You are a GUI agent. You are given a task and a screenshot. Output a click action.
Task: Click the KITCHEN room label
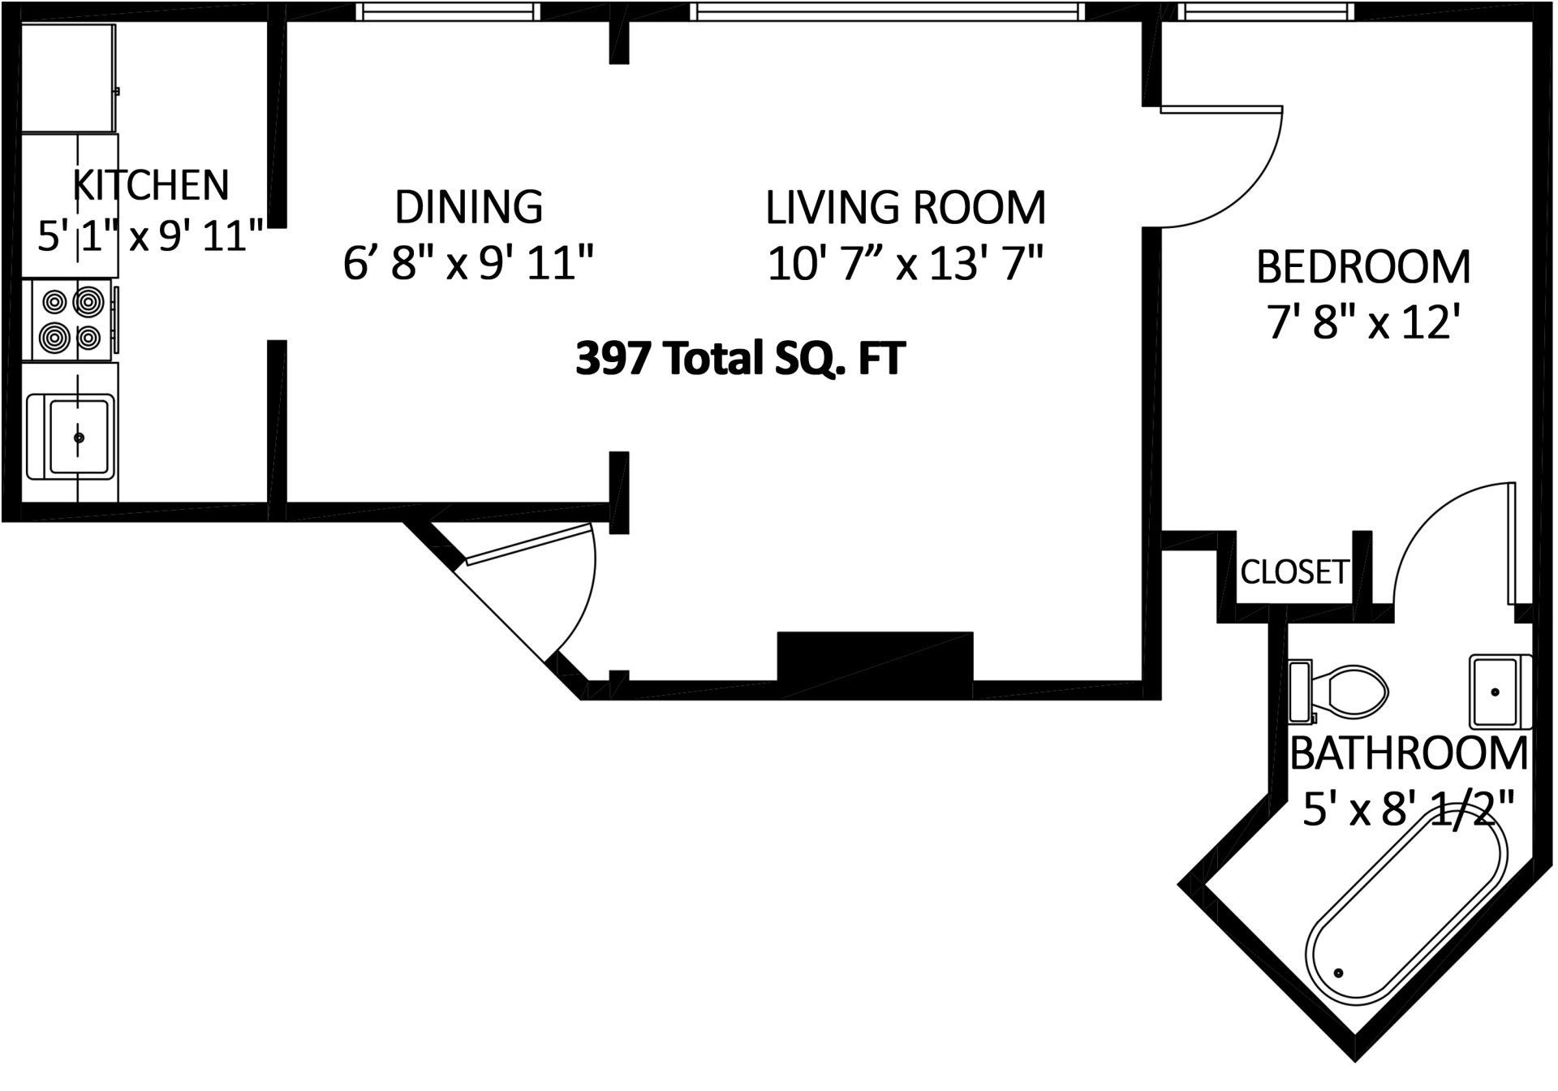(x=151, y=185)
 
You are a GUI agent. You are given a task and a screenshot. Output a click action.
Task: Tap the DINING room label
(x=468, y=206)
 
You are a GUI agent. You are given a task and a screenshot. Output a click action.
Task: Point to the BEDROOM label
(x=1363, y=267)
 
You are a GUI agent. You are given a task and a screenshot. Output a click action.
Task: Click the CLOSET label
(x=1293, y=572)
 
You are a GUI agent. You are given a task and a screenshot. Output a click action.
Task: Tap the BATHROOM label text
(x=1409, y=753)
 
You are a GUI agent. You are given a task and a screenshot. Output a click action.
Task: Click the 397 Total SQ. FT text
(x=739, y=358)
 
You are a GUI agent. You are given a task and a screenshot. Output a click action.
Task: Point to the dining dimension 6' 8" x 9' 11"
(x=468, y=263)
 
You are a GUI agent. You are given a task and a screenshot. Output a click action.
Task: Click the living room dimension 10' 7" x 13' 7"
(x=905, y=263)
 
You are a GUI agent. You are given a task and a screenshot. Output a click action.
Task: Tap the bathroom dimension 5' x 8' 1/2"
(x=1409, y=809)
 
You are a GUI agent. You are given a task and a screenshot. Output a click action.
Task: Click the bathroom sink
(x=1498, y=692)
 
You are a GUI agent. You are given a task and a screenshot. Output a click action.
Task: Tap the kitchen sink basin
(x=79, y=437)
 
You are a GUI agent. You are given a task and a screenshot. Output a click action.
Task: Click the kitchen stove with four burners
(x=71, y=320)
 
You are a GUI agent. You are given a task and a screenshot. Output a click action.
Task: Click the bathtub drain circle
(x=1339, y=972)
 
